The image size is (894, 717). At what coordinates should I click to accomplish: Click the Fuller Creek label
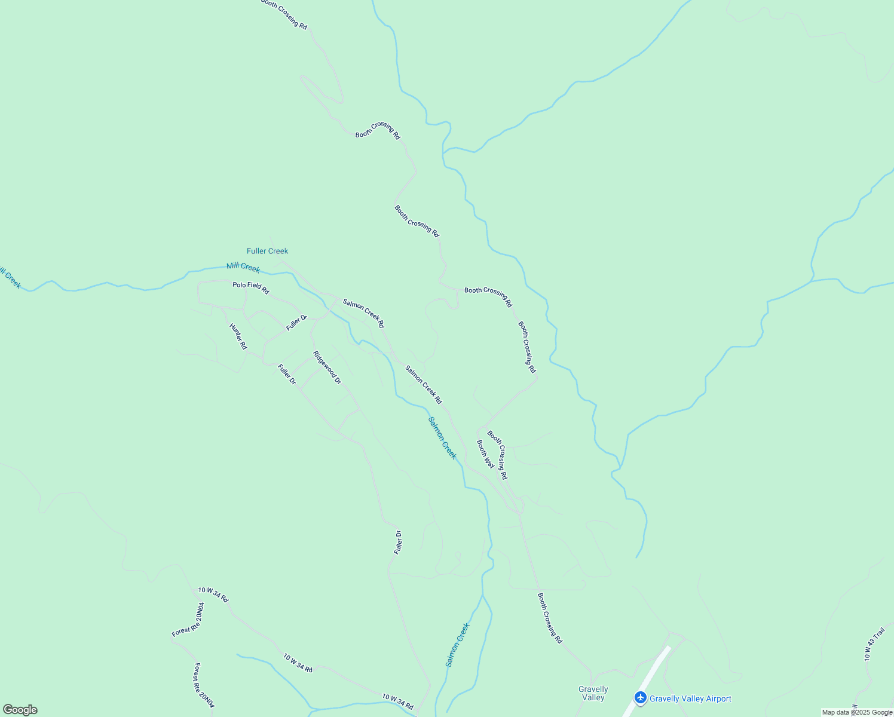(x=267, y=251)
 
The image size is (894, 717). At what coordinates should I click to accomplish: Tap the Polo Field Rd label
(x=250, y=288)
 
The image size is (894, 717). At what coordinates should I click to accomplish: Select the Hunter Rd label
(x=238, y=336)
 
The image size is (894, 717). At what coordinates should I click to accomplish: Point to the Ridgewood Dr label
(x=327, y=367)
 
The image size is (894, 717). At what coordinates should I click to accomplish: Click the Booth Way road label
(x=485, y=454)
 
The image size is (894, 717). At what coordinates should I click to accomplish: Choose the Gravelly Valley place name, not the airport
(x=593, y=693)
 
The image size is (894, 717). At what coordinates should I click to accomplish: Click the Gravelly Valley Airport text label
(x=690, y=698)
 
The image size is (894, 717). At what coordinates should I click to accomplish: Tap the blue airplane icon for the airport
(x=641, y=698)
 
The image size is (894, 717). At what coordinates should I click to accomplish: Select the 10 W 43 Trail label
(x=874, y=644)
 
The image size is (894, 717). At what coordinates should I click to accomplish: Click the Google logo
(x=20, y=710)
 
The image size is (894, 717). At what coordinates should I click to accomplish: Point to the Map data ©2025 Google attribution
(x=856, y=712)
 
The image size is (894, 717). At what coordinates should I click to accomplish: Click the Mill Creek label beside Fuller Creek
(x=243, y=267)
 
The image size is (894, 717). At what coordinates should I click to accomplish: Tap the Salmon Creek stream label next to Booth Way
(x=442, y=437)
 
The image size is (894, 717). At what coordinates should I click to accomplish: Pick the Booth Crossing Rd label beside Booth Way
(x=497, y=455)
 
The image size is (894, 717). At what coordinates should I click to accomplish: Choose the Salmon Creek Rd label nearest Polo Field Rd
(x=363, y=313)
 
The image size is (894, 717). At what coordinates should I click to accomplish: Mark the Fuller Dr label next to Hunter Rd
(x=287, y=374)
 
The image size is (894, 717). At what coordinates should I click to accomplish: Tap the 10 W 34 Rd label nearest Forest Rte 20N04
(x=213, y=595)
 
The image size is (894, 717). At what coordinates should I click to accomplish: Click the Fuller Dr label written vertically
(x=398, y=543)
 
